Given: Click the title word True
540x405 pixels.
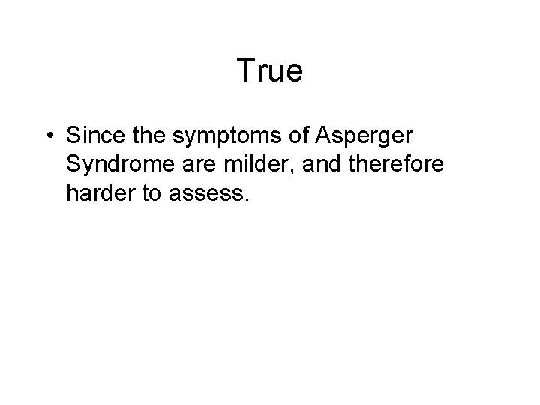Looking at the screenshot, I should coord(269,70).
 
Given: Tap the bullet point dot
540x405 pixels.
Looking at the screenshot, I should coord(48,137).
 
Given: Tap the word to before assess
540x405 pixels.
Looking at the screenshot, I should coord(152,193).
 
